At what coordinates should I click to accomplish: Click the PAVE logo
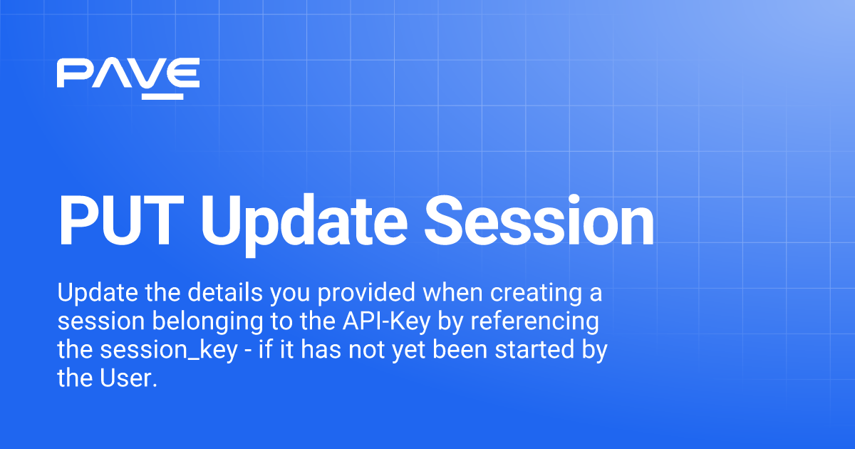coord(128,78)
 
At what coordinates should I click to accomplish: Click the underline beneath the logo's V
coord(162,96)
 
